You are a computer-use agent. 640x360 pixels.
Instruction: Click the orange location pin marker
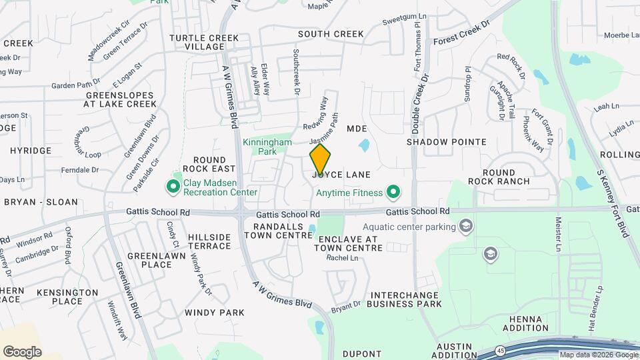pos(320,159)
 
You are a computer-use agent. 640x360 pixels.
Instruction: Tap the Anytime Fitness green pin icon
pos(393,193)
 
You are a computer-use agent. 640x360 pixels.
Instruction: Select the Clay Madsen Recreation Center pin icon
pos(173,186)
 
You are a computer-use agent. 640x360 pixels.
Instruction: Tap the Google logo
pos(22,352)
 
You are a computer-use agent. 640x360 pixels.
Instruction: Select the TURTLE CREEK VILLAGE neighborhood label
pos(197,42)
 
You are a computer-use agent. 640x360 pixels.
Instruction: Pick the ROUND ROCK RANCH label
pos(509,177)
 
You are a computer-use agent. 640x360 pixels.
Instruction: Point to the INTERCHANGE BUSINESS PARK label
pos(405,299)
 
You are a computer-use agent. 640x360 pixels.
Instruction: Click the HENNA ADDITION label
pos(525,323)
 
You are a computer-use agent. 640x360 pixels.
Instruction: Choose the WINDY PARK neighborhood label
pos(215,312)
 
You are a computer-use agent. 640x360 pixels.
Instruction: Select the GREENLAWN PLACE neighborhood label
pos(149,260)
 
